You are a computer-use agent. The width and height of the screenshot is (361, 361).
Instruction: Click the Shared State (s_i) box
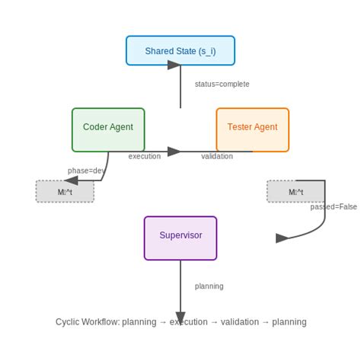(x=180, y=51)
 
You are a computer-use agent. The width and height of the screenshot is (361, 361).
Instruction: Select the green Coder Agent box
(x=108, y=128)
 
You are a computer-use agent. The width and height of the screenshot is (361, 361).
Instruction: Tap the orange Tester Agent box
(x=252, y=128)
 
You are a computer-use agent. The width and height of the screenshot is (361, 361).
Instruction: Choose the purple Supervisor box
(x=180, y=236)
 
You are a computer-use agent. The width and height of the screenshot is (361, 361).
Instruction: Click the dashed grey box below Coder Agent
(x=65, y=192)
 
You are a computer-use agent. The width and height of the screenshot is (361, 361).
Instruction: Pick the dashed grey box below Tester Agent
(x=296, y=192)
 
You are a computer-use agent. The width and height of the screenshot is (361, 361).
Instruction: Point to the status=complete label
(x=222, y=84)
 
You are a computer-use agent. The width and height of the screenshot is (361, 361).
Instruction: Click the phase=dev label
(x=87, y=171)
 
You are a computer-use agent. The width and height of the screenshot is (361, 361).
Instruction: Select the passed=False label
(x=334, y=206)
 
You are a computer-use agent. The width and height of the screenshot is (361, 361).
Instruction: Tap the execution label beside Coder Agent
(x=145, y=156)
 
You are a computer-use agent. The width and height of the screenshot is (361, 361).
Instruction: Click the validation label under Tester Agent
(x=217, y=156)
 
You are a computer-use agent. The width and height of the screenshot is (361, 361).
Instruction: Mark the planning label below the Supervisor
(x=209, y=286)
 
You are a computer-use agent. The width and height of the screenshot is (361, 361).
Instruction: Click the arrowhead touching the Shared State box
(x=175, y=65)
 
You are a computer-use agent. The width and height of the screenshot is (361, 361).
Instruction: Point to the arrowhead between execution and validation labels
(x=174, y=152)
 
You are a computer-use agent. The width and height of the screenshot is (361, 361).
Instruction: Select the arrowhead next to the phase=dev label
(x=71, y=180)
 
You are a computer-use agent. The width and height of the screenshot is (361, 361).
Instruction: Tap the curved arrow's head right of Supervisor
(x=282, y=238)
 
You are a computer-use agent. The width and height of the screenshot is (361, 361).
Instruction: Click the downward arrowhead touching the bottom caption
(x=180, y=318)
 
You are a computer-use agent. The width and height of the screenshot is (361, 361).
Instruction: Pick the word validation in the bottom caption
(x=239, y=322)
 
